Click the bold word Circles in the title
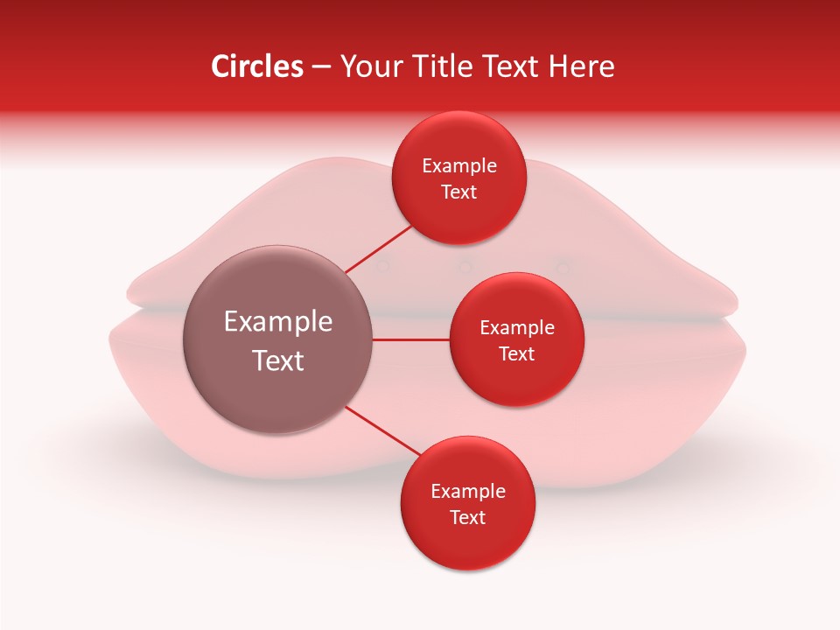256,66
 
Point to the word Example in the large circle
278,322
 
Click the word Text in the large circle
278,360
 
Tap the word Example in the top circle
459,166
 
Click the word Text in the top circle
459,192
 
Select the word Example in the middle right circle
517,328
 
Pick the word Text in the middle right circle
517,354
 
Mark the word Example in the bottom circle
467,492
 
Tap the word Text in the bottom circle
467,518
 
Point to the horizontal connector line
411,339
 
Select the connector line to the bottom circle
382,431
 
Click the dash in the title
320,67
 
